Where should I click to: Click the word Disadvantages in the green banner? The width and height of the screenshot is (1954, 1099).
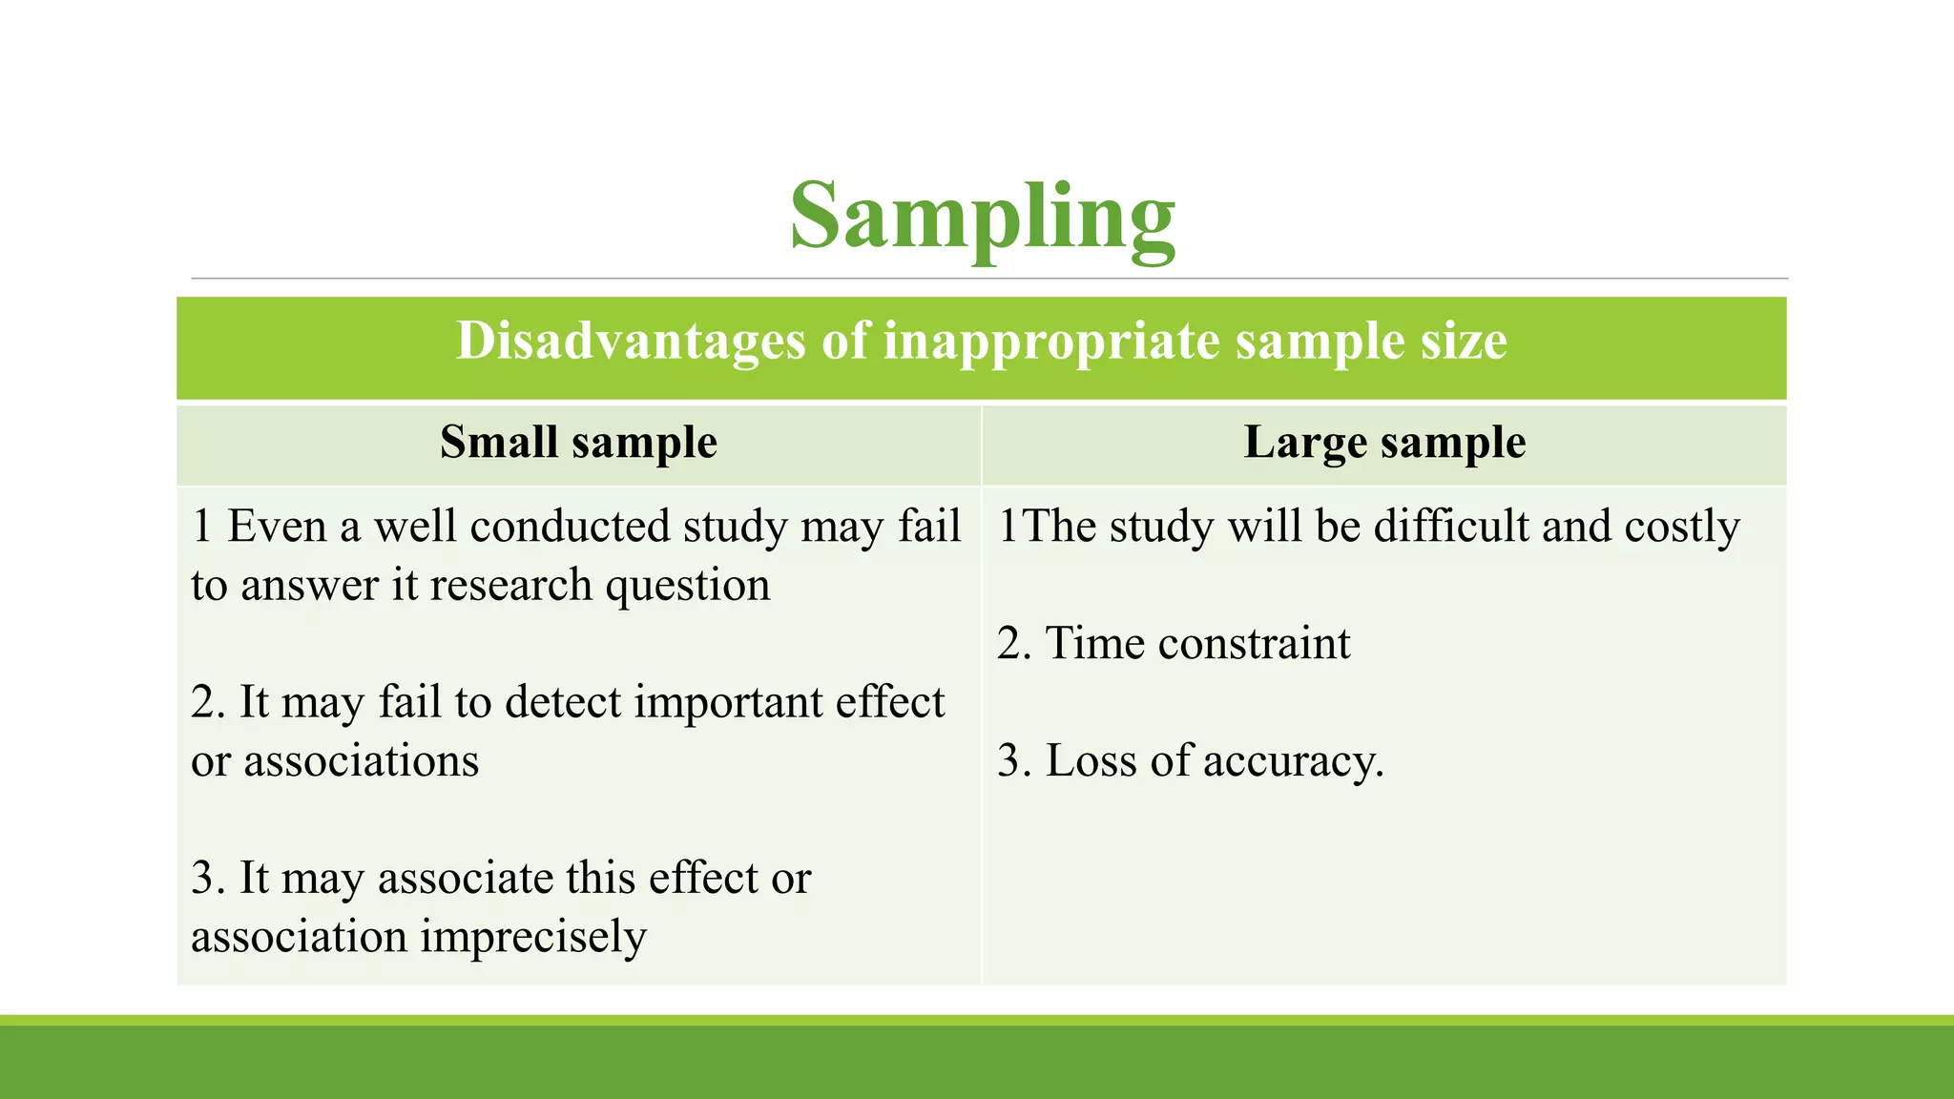click(630, 341)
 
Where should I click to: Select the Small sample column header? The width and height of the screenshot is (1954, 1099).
click(578, 443)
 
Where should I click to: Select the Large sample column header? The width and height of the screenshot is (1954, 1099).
click(1384, 443)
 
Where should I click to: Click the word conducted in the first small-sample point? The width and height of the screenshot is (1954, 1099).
click(571, 527)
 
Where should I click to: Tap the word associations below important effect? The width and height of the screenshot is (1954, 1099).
click(361, 761)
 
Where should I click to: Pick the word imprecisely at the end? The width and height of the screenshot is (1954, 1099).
click(532, 937)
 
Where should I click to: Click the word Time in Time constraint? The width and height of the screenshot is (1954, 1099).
click(1093, 644)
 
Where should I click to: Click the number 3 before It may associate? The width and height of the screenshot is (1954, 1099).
click(202, 879)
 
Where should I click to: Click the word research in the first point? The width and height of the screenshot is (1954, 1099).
click(510, 586)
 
